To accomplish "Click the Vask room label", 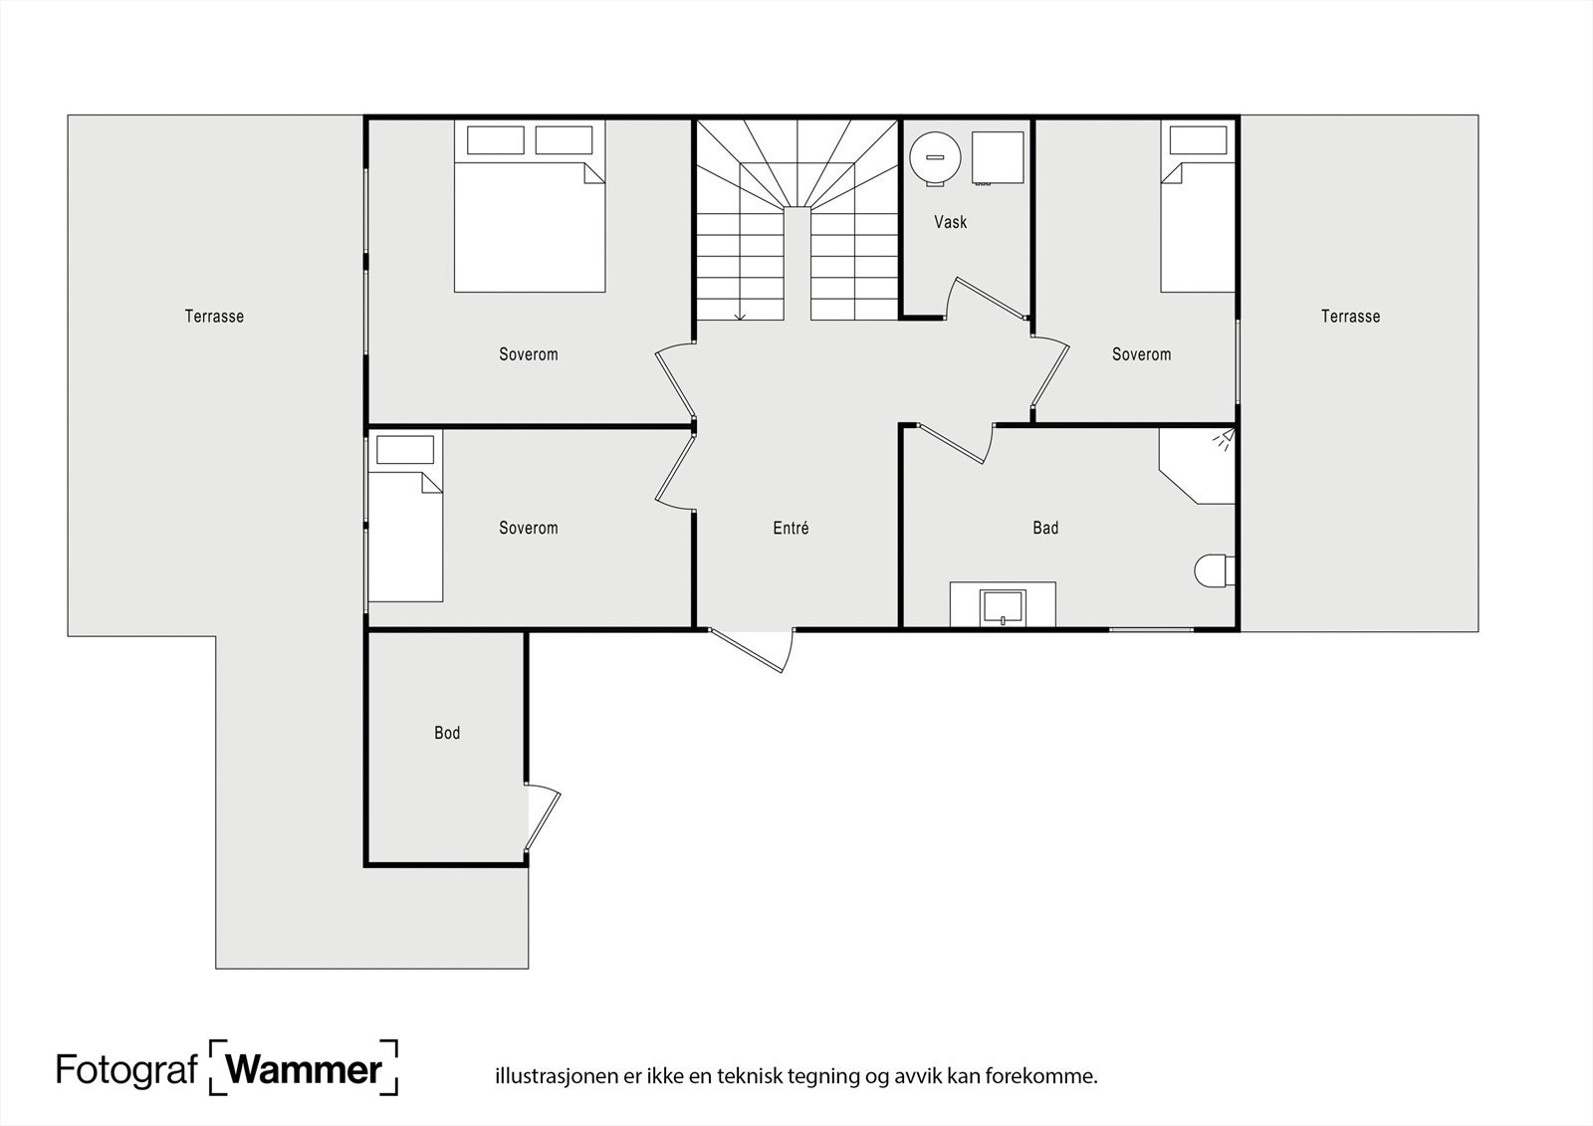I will [x=950, y=222].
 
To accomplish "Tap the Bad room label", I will [x=1045, y=528].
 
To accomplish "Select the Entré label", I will [x=791, y=529].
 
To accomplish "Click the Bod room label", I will [x=447, y=733].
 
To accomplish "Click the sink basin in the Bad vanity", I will [x=1003, y=605].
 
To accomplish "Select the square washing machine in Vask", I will [x=998, y=158].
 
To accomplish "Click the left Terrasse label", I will [x=214, y=317].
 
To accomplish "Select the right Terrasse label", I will [x=1350, y=317].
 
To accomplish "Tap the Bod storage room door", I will [x=544, y=818].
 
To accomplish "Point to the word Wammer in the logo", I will [x=305, y=1070].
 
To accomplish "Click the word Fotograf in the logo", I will [x=126, y=1070].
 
